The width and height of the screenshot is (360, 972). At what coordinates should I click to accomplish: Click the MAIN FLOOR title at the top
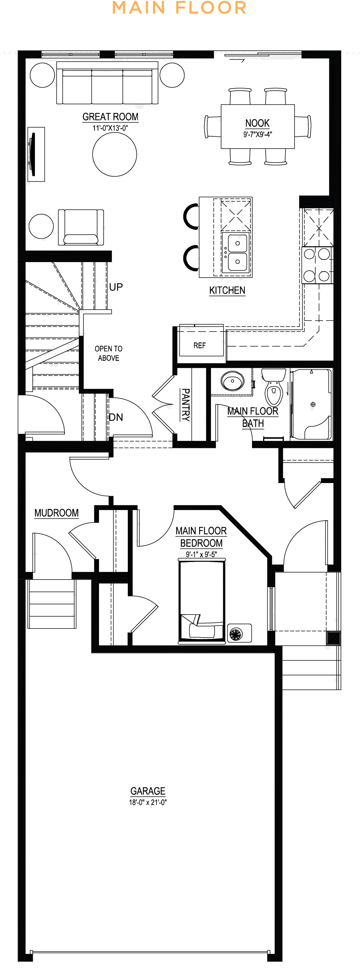[180, 8]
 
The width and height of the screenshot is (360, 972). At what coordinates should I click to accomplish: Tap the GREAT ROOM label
[111, 117]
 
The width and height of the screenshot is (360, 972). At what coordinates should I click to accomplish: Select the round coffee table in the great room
[115, 154]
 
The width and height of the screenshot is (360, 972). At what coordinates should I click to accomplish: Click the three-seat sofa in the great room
[107, 83]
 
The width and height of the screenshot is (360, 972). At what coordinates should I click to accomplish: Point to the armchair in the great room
[81, 228]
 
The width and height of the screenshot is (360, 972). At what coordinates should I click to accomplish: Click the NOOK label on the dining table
[257, 123]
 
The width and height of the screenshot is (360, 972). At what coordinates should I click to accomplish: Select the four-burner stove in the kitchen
[318, 265]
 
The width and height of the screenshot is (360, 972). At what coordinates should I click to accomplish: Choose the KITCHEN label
[227, 290]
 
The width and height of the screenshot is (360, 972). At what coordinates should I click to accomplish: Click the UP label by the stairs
[116, 287]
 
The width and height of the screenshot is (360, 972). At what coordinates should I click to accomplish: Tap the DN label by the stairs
[116, 417]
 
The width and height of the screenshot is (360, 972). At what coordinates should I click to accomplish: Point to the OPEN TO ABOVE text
[109, 354]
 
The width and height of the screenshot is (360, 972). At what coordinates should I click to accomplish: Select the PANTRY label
[185, 405]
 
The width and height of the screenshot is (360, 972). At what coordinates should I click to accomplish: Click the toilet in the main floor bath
[274, 387]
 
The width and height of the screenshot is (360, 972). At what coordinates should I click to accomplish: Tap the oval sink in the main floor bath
[233, 381]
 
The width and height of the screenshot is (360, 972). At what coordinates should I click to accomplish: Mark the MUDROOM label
[57, 513]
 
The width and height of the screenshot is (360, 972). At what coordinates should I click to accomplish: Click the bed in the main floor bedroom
[202, 601]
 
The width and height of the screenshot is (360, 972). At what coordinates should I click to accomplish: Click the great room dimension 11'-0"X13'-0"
[110, 128]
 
